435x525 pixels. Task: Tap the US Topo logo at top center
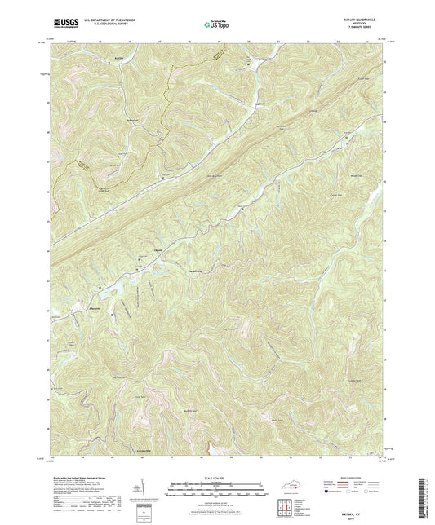(x=215, y=24)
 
